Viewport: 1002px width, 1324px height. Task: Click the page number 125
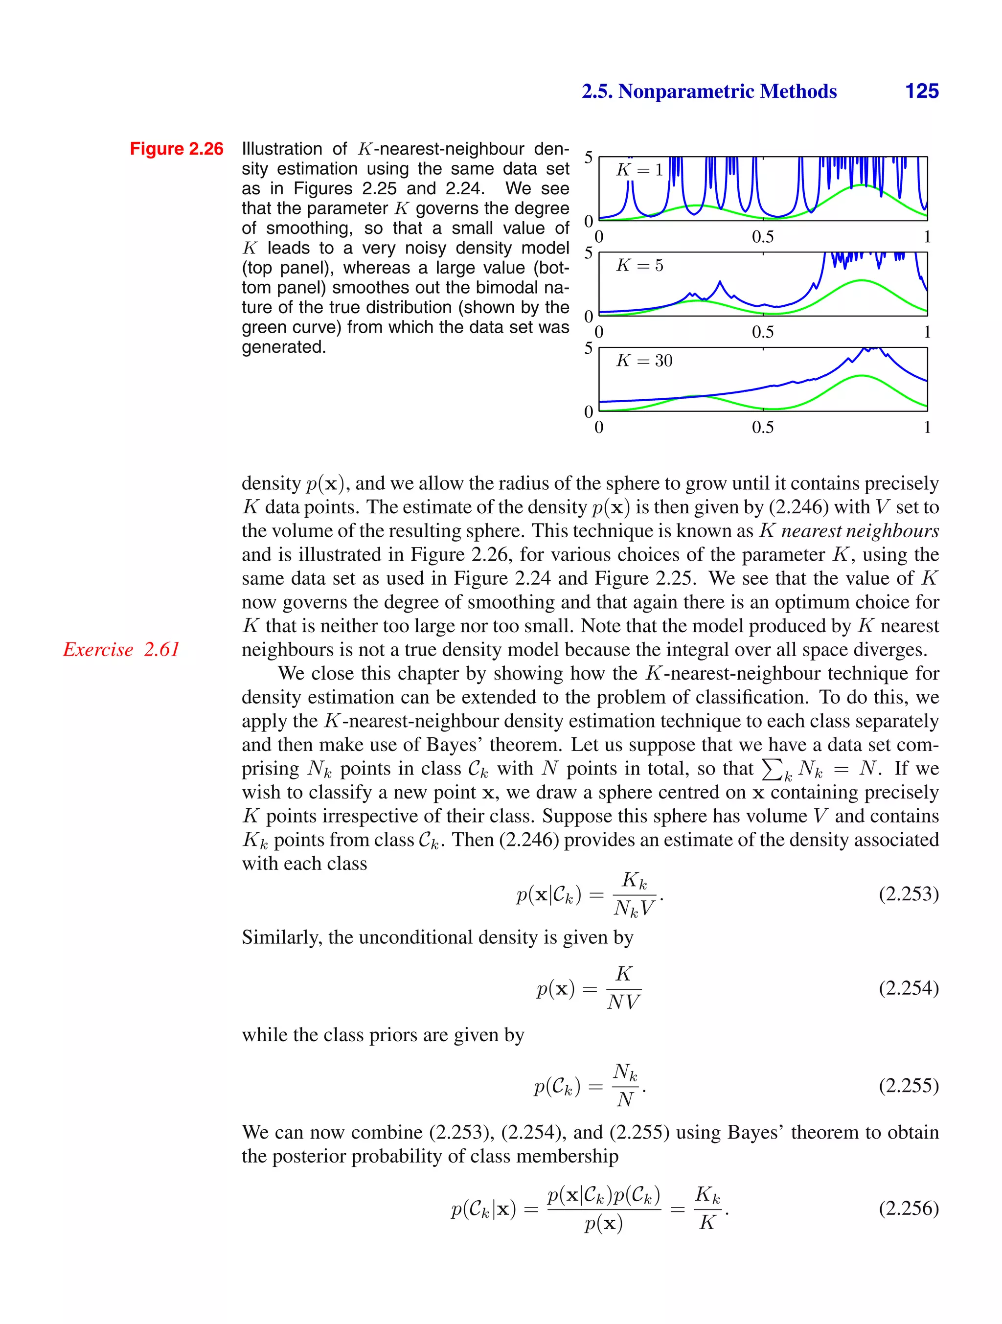(x=921, y=91)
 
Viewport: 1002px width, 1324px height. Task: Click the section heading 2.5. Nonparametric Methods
(x=709, y=91)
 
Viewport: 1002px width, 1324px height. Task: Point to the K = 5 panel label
(x=640, y=265)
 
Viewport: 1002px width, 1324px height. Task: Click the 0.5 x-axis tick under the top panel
(x=763, y=237)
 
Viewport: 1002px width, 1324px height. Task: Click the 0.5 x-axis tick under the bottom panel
(x=763, y=427)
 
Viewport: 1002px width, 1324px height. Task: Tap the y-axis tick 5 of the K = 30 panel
(x=589, y=348)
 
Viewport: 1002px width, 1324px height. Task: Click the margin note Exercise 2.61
(x=121, y=649)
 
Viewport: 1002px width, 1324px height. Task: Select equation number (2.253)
(x=908, y=894)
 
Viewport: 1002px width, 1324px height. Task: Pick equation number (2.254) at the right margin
(x=908, y=987)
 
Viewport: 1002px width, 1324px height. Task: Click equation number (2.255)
(x=908, y=1085)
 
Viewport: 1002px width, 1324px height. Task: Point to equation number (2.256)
(x=908, y=1208)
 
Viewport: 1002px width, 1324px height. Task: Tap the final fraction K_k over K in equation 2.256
(x=707, y=1209)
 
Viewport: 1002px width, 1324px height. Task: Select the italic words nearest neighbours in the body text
(x=860, y=531)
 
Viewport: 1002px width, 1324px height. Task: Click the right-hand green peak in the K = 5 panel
(x=861, y=281)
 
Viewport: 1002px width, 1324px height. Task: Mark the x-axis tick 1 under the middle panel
(x=927, y=332)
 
